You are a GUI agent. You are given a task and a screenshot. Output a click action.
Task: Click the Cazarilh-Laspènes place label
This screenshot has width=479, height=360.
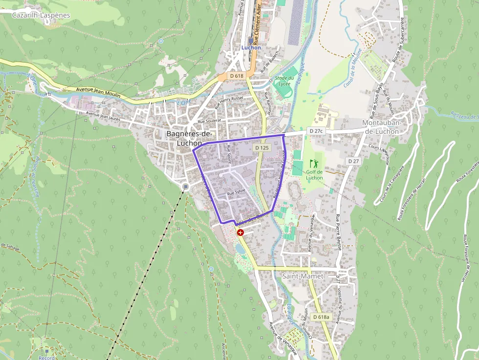tap(41, 15)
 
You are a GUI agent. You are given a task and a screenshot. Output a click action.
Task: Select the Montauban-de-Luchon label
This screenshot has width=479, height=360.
tap(382, 127)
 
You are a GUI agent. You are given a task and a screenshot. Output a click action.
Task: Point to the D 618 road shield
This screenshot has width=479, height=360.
tap(237, 76)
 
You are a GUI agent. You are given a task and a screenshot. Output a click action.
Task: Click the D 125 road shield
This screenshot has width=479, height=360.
tap(261, 148)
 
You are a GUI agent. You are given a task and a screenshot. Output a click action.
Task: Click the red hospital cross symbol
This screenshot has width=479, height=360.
tap(240, 233)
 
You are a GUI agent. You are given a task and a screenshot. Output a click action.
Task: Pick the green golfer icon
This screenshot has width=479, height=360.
tap(313, 163)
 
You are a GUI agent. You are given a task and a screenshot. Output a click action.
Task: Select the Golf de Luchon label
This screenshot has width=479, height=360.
tap(314, 174)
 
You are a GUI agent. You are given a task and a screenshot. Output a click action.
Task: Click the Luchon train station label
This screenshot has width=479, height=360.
tap(251, 47)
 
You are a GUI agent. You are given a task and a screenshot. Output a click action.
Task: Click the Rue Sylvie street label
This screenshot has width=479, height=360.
tap(236, 192)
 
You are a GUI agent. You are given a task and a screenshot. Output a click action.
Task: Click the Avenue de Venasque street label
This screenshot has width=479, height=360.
tap(283, 338)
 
